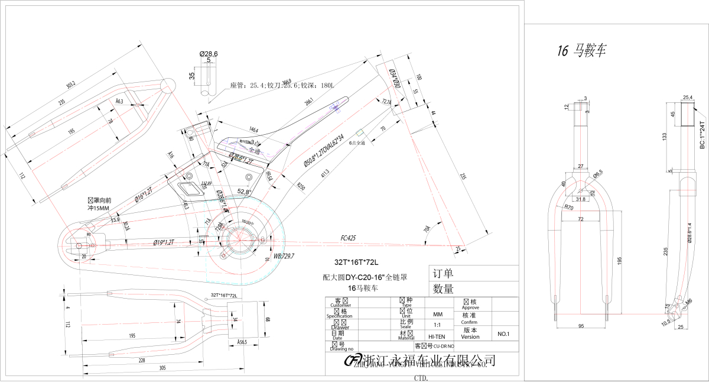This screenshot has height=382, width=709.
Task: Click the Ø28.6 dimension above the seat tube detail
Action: coord(209,54)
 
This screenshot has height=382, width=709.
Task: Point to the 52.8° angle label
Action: coord(244,192)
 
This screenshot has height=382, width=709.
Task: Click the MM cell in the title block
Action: coord(438,314)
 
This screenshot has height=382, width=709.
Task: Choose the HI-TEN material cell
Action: coord(437,336)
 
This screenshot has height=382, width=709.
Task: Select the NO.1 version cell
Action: coord(503,334)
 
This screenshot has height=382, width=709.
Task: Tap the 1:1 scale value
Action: coord(438,325)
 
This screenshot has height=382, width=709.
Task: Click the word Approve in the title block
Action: coord(470,307)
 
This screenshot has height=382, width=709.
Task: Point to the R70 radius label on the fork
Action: coord(569,208)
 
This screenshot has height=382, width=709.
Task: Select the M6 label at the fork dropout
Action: coord(689,302)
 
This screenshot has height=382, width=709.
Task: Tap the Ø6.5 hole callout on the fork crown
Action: coord(598,173)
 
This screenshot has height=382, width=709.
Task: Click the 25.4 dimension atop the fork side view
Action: coord(688,97)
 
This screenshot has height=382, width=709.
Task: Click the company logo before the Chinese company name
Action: coord(353,361)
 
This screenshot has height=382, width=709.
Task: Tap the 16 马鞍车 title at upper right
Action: coord(582,51)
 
